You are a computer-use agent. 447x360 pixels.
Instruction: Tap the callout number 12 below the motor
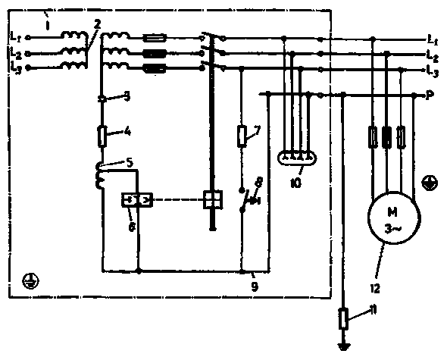(x=375, y=289)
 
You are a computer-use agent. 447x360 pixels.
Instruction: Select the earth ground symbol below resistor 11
(x=343, y=346)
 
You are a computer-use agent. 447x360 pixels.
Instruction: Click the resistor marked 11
(x=343, y=319)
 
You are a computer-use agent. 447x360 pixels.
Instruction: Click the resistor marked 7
(x=242, y=136)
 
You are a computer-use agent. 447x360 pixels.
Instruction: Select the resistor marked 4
(x=102, y=137)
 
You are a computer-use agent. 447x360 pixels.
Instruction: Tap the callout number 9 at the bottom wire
(x=255, y=286)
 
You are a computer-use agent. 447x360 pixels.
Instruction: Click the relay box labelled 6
(x=137, y=200)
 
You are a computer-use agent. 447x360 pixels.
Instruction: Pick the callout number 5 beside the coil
(x=130, y=163)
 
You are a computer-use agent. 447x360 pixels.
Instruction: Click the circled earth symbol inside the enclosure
(x=31, y=281)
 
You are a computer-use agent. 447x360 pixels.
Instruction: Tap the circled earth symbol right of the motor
(x=430, y=183)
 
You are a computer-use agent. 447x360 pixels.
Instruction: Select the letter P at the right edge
(x=430, y=95)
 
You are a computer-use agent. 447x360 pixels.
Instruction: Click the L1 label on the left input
(x=16, y=36)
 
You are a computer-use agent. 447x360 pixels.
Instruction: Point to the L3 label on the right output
(x=433, y=70)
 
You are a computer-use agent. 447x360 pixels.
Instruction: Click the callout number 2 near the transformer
(x=97, y=24)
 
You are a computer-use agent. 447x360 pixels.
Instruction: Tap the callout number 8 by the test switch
(x=259, y=183)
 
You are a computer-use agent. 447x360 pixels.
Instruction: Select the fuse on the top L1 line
(x=155, y=38)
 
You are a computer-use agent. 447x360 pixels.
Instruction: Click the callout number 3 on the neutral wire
(x=127, y=96)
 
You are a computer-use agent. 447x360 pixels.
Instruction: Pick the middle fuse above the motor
(x=386, y=137)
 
